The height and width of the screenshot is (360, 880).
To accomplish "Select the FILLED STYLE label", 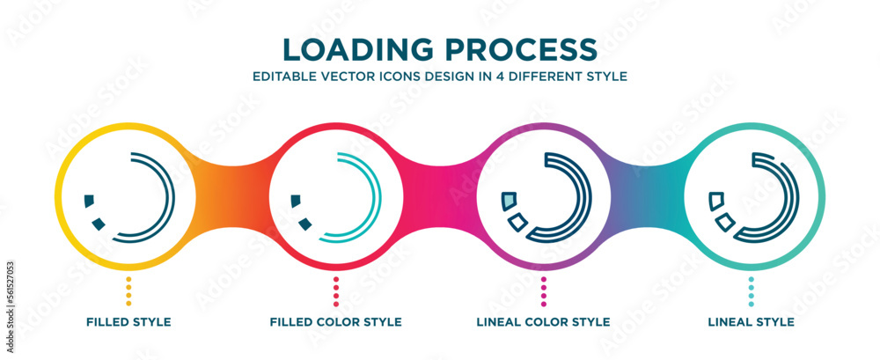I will pos(128,322).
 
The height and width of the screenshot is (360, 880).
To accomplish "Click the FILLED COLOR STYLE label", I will pos(335,322).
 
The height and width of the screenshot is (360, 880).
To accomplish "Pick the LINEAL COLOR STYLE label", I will pos(544,322).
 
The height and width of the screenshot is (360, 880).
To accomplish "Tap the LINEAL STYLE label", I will pos(751,322).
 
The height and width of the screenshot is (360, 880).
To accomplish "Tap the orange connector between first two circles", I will pos(232,196).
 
